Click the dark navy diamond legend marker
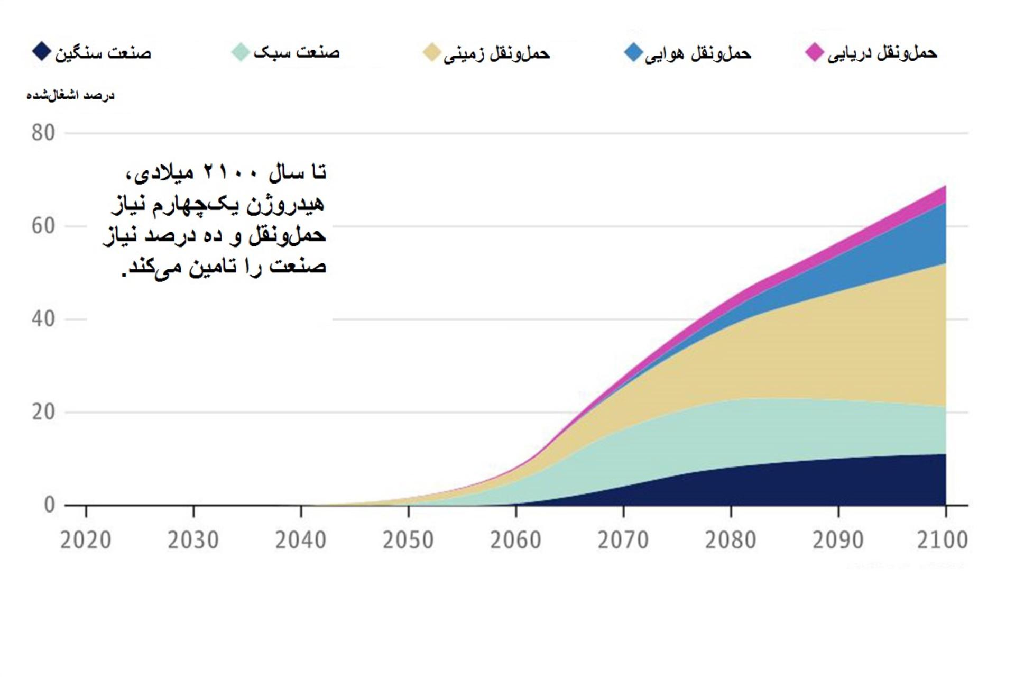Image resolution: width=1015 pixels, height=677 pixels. pos(41,51)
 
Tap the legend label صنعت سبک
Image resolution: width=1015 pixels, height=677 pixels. pos(297,52)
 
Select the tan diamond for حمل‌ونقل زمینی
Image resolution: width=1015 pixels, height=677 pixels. pos(432,52)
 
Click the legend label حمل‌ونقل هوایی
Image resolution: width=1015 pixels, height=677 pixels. pos(698,53)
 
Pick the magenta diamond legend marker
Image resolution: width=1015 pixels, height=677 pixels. pos(815,52)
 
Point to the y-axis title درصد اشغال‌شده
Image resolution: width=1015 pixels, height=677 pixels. pos(70,95)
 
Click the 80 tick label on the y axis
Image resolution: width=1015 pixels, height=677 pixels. pos(43,133)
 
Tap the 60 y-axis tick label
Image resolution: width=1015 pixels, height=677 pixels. pos(43,226)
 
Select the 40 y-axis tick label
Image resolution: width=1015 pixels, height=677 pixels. pos(43,319)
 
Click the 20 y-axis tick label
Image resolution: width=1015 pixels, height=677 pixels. pos(43,412)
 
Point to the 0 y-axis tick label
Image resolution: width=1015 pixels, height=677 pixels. pos(49,505)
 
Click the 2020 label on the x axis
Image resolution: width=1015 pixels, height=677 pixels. pos(86,540)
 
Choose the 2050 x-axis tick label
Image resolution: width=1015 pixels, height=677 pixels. pos(408,540)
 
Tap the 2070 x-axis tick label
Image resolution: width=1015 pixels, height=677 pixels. pos(623,540)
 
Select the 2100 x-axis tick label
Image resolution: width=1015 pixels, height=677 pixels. pos(942,540)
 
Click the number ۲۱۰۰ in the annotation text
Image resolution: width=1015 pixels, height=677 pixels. pos(231,172)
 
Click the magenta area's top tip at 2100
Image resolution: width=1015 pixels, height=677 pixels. pos(946,186)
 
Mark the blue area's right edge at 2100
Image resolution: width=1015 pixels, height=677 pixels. pos(946,233)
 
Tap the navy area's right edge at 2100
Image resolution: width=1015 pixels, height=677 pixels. pos(946,479)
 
